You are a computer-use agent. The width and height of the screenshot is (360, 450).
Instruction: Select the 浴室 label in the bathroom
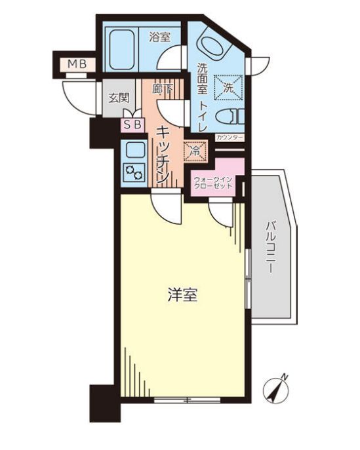tap(159, 37)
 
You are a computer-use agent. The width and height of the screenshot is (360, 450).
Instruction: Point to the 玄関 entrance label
tap(118, 98)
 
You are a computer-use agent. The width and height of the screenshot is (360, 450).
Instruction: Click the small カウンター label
tap(229, 137)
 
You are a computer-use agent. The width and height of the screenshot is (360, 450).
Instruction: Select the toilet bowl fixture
tap(231, 117)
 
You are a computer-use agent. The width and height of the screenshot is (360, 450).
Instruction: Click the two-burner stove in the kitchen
tap(134, 172)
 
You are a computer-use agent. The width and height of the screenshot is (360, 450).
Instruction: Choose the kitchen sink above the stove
tap(134, 151)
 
